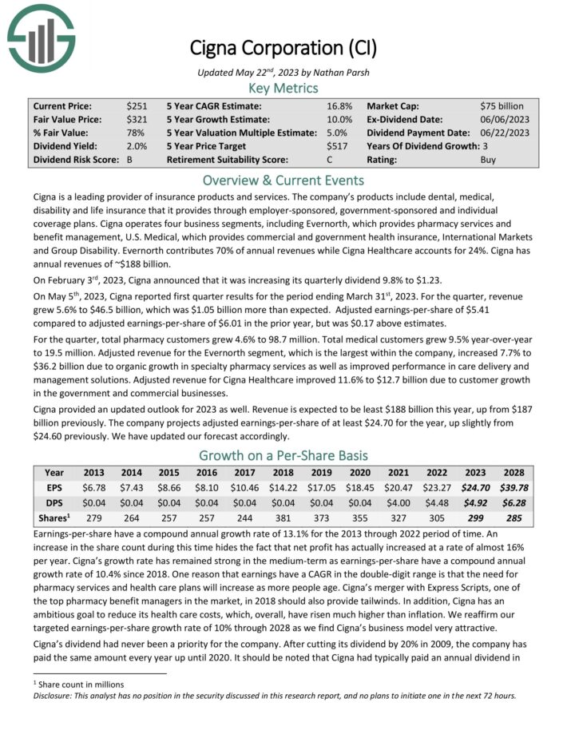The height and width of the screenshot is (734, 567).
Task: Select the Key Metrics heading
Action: (x=283, y=88)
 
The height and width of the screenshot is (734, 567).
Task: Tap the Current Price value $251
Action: (x=136, y=105)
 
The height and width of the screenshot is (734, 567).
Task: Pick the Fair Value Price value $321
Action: (x=136, y=119)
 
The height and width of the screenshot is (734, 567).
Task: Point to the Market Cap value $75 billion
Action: (x=502, y=105)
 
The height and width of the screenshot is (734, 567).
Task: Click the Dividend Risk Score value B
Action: (x=129, y=160)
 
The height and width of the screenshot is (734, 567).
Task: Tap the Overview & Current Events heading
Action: (x=283, y=180)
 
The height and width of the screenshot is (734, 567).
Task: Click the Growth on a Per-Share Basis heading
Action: (x=283, y=455)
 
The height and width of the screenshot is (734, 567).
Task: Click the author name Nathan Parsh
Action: (x=334, y=72)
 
